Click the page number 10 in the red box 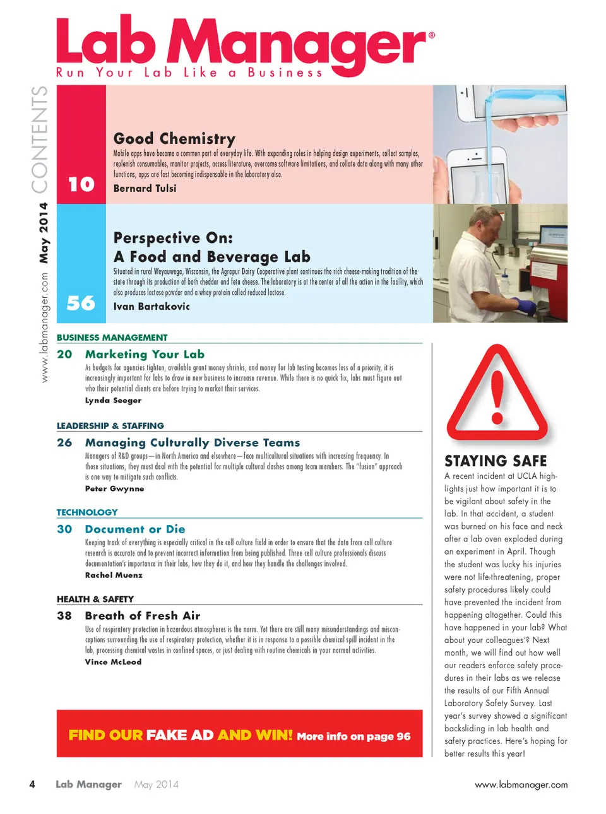(81, 184)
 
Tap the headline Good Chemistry (174, 138)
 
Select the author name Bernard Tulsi (145, 188)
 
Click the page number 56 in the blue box (81, 303)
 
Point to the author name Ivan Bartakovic (151, 306)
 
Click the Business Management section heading (112, 338)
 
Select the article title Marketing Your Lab (145, 354)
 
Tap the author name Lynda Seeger (113, 400)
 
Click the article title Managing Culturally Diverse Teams (193, 442)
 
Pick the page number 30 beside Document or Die (64, 529)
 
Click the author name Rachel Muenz (114, 575)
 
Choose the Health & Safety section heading (95, 599)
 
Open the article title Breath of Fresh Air (143, 615)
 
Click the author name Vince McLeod (113, 662)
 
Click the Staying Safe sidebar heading (496, 461)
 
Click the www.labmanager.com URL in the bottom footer (521, 784)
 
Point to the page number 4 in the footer (32, 784)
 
